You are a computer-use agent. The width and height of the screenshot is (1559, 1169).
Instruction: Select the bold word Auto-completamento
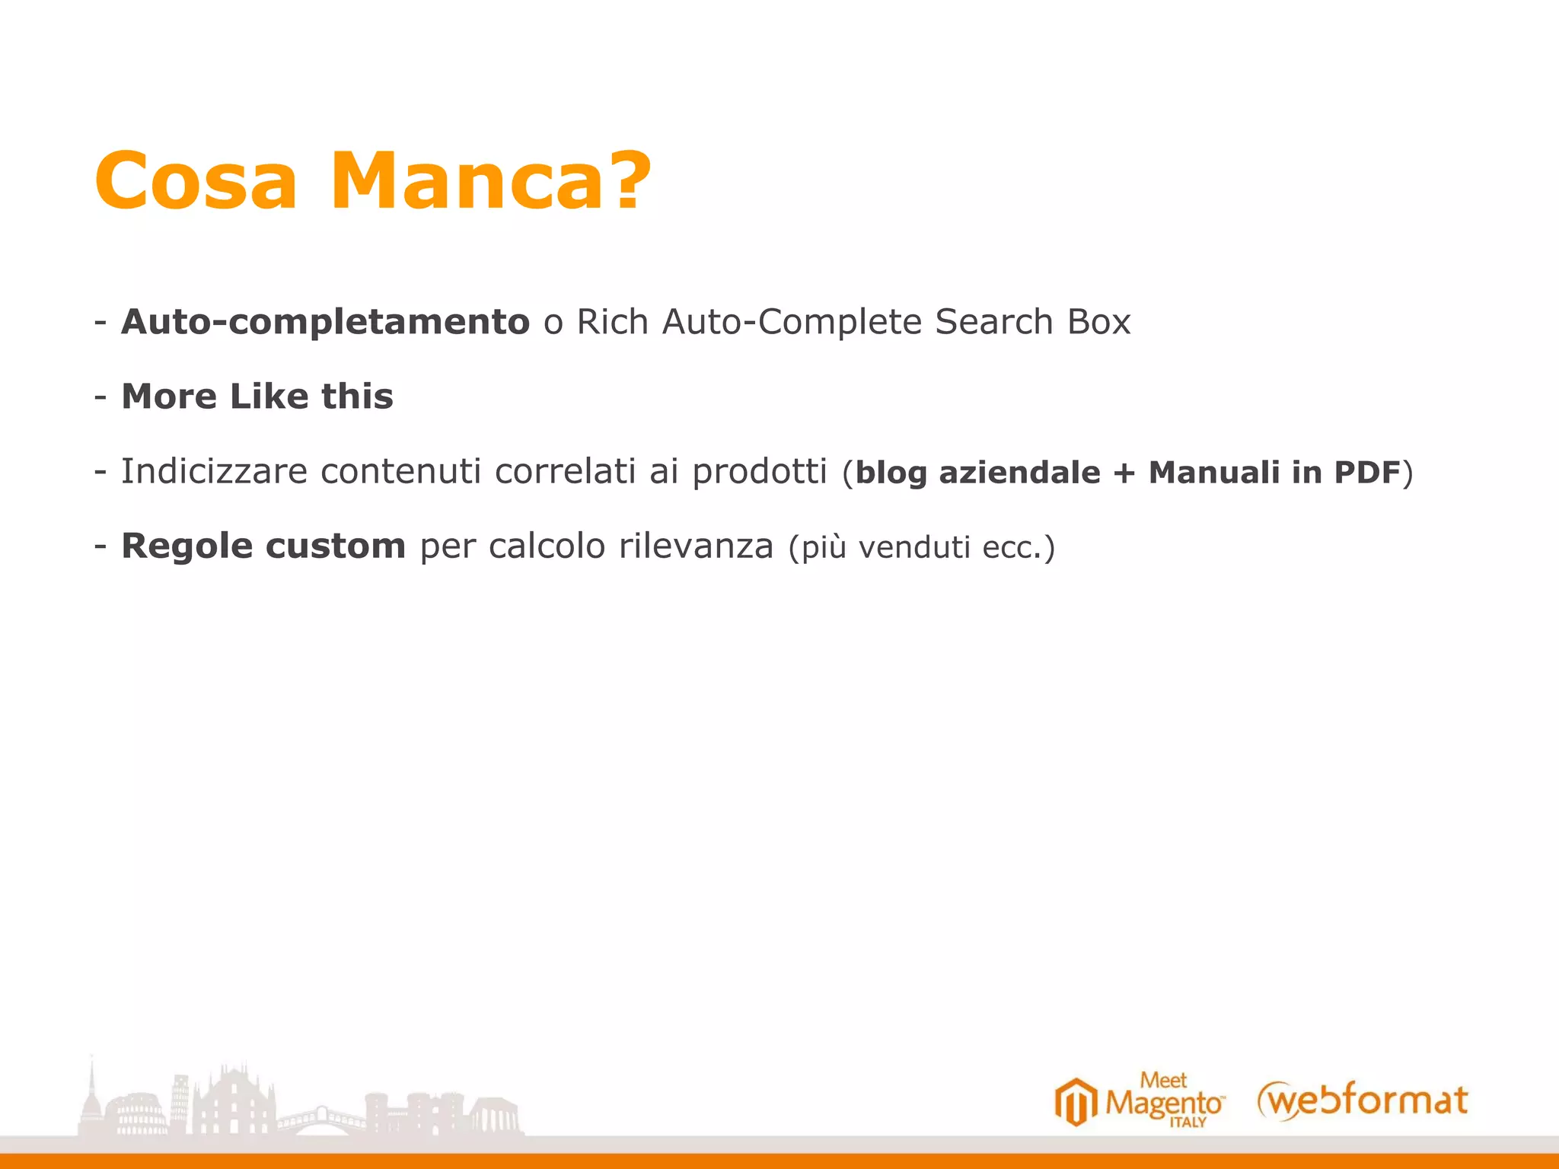(326, 322)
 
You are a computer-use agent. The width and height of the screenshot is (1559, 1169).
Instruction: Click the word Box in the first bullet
(1098, 322)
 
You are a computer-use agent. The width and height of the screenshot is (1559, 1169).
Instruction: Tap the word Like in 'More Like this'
(269, 397)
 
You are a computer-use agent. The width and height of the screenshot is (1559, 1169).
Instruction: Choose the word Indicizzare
(214, 472)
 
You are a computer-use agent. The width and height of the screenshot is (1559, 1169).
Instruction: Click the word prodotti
(759, 472)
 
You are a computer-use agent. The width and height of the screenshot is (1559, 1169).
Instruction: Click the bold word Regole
(187, 546)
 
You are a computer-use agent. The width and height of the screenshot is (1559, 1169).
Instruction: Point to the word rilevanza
(696, 546)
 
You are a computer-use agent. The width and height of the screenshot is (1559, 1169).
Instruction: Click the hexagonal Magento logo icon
(1076, 1101)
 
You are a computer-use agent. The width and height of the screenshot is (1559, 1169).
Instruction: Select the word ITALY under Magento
(1188, 1123)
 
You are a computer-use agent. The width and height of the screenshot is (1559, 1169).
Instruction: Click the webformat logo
(1363, 1101)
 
